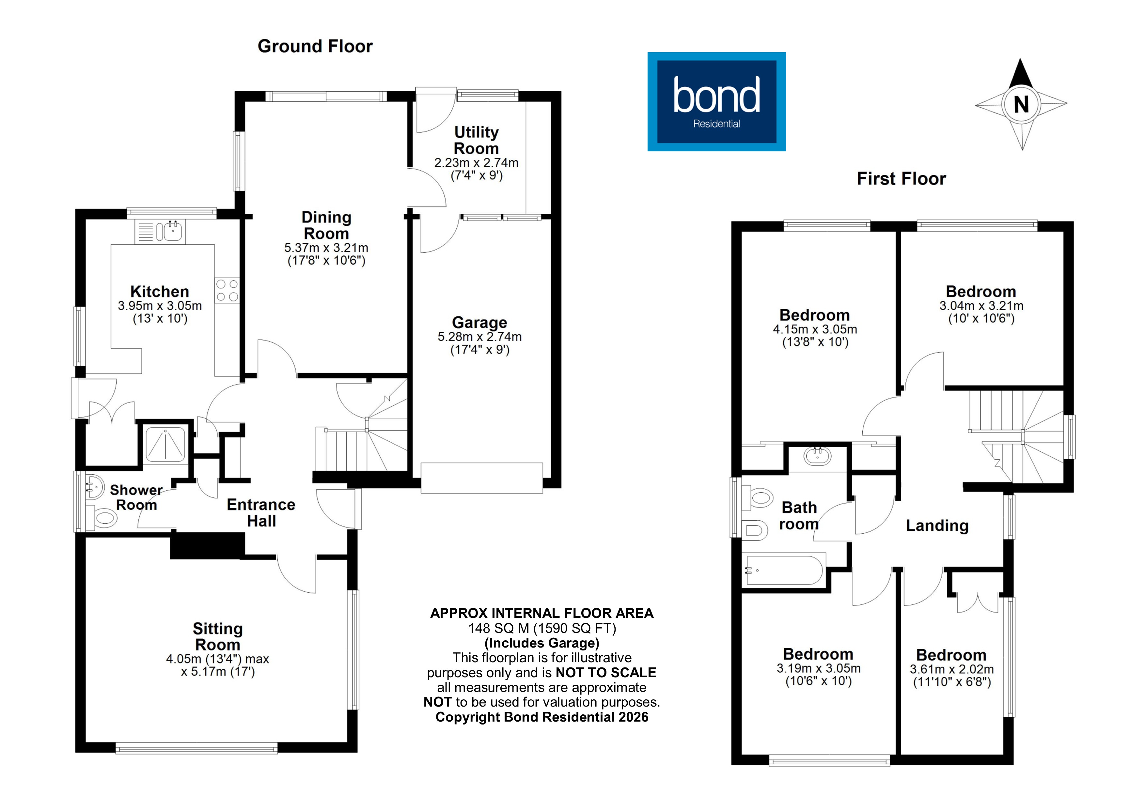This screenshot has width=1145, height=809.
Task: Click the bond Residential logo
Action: pyautogui.click(x=716, y=102)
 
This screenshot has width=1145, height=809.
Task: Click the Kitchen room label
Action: pyautogui.click(x=160, y=292)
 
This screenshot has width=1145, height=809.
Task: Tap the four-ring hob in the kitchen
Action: pyautogui.click(x=227, y=290)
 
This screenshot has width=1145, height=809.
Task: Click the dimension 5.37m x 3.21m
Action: pyautogui.click(x=326, y=248)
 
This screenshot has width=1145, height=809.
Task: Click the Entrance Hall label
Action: pyautogui.click(x=261, y=512)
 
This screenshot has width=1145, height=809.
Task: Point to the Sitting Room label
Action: pyautogui.click(x=217, y=636)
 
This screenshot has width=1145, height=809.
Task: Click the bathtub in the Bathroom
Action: pyautogui.click(x=783, y=570)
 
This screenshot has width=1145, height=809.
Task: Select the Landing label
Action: pyautogui.click(x=936, y=526)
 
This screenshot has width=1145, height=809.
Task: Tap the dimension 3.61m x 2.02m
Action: pyautogui.click(x=951, y=669)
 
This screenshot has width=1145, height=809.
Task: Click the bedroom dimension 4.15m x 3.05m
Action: pyautogui.click(x=815, y=329)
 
